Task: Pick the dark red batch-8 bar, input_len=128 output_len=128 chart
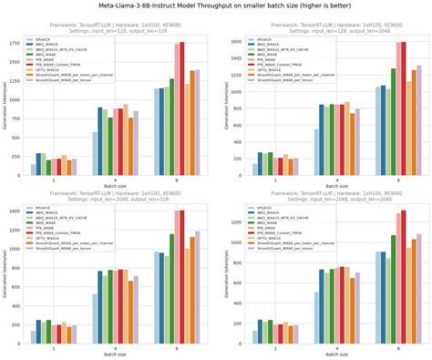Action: tap(181, 108)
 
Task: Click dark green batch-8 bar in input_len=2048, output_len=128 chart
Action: tap(172, 291)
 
